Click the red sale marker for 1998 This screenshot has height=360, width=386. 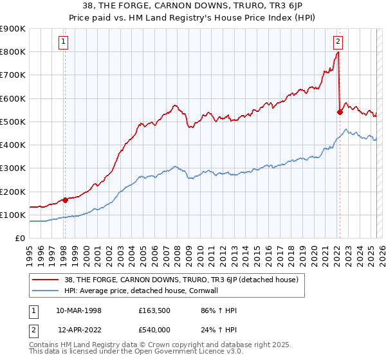pos(65,200)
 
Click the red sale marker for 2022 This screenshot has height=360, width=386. pos(340,112)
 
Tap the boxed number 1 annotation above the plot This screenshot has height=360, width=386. pos(64,43)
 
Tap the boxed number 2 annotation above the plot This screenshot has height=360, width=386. pos(338,43)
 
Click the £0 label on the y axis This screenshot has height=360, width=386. pos(20,239)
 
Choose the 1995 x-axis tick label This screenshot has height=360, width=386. pos(30,253)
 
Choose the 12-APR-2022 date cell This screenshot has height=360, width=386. pos(78,328)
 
